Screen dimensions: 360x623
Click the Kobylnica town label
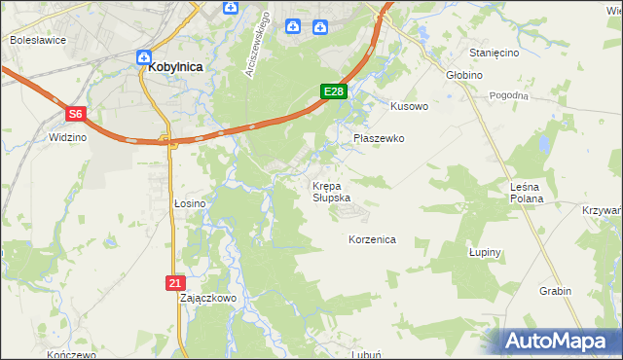(x=176, y=67)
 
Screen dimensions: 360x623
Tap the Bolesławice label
(x=36, y=41)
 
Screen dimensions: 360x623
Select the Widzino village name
(x=64, y=138)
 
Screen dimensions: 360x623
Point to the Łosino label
(x=190, y=203)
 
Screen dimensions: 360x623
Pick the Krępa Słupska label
(x=331, y=192)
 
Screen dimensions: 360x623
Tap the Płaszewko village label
(x=379, y=139)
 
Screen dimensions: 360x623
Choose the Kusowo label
(x=409, y=106)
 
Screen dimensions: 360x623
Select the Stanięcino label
(x=495, y=53)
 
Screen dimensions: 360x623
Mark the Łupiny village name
(x=484, y=252)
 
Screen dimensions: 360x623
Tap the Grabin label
(x=555, y=291)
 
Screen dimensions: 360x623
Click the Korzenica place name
(x=372, y=239)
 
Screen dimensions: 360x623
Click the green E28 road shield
(x=334, y=91)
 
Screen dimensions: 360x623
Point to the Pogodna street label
(x=509, y=95)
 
